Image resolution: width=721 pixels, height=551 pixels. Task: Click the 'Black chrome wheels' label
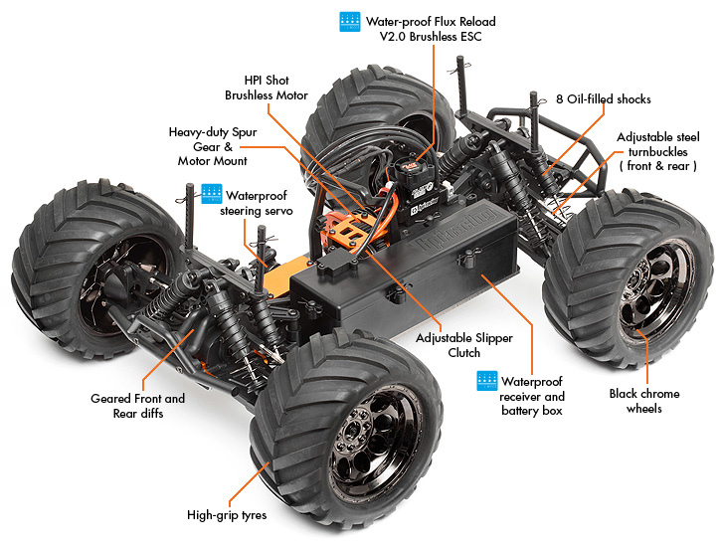tap(643, 401)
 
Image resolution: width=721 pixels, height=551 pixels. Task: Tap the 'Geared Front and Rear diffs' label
tap(137, 406)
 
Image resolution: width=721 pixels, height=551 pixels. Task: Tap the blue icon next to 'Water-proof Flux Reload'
tap(349, 22)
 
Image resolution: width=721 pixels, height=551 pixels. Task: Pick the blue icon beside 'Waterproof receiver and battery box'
tap(486, 380)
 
